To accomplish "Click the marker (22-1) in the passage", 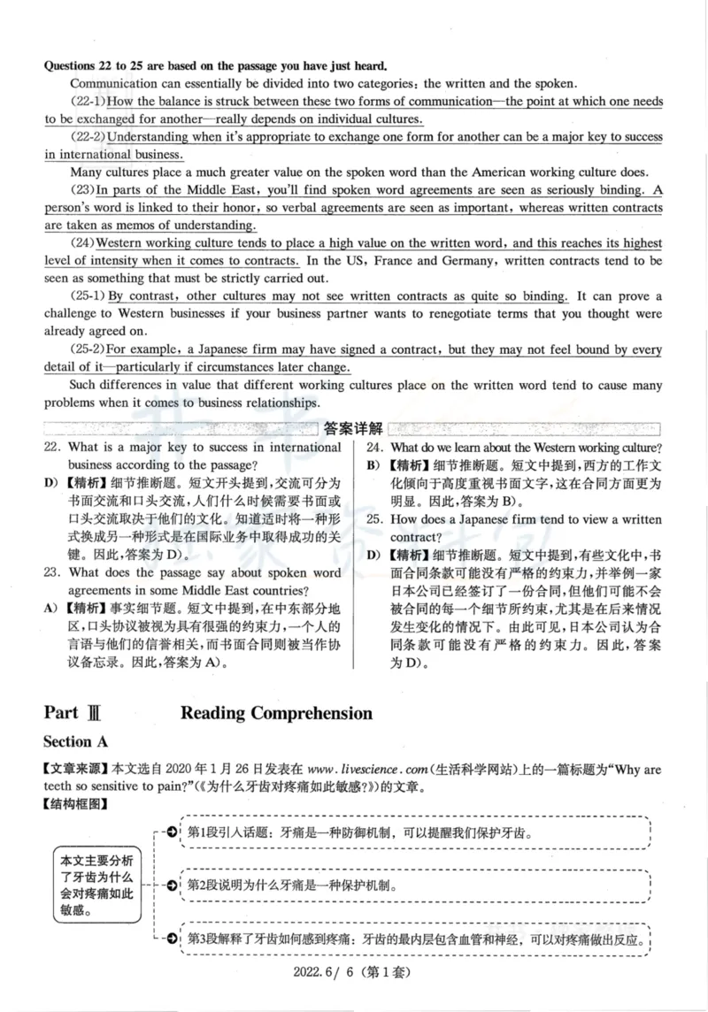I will pyautogui.click(x=88, y=102).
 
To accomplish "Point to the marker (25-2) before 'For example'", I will pyautogui.click(x=88, y=349).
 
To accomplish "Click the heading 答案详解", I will pyautogui.click(x=353, y=429).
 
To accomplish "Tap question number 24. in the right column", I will pyautogui.click(x=375, y=448).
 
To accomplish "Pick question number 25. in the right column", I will pyautogui.click(x=375, y=519).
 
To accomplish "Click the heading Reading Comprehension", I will pyautogui.click(x=276, y=713).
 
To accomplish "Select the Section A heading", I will pyautogui.click(x=81, y=741).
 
